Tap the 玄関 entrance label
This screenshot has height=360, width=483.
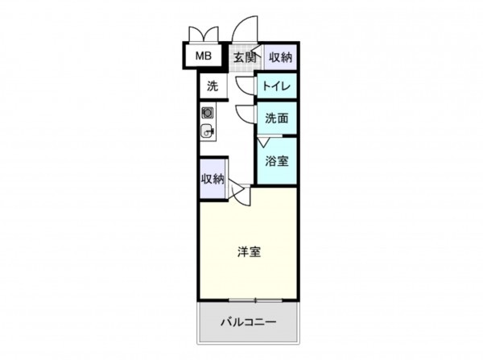[x=245, y=57]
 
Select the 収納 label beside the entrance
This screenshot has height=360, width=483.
[x=280, y=57]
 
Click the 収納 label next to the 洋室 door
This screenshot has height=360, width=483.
[x=213, y=179]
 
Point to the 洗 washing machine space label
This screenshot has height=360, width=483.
[x=212, y=85]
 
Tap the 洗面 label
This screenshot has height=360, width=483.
[x=277, y=118]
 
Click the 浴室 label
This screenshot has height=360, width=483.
[x=277, y=160]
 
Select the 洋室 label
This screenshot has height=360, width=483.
[x=248, y=251]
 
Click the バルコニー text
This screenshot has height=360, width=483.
[x=249, y=322]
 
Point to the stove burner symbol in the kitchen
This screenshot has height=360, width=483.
[x=208, y=113]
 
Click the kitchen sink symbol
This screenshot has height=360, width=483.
[x=208, y=131]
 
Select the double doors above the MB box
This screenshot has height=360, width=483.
[x=202, y=35]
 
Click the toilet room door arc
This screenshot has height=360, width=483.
[x=245, y=85]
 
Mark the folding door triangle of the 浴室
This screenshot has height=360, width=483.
[x=263, y=143]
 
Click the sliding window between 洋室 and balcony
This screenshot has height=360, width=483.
[x=249, y=301]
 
